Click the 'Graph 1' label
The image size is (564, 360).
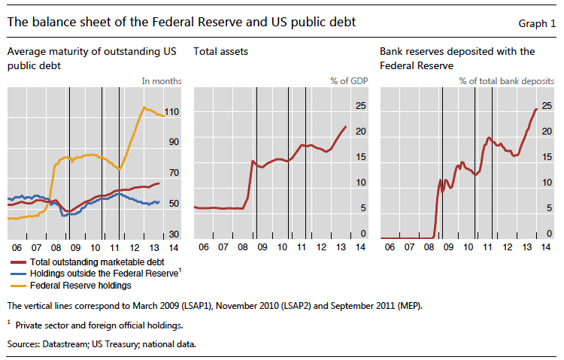tap(537, 23)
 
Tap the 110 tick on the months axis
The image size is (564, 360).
tap(172, 112)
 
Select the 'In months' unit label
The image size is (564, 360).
tap(161, 80)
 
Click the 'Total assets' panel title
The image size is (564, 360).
tap(220, 52)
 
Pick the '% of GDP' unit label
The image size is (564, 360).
tap(350, 80)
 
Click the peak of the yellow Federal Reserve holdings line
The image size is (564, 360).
tap(144, 107)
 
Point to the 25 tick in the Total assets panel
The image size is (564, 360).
tap(360, 106)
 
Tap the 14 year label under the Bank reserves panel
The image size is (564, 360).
tap(546, 247)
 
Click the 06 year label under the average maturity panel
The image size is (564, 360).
tap(16, 247)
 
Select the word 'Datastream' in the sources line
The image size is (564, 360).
tap(65, 343)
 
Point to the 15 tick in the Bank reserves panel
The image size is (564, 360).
tap(547, 157)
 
